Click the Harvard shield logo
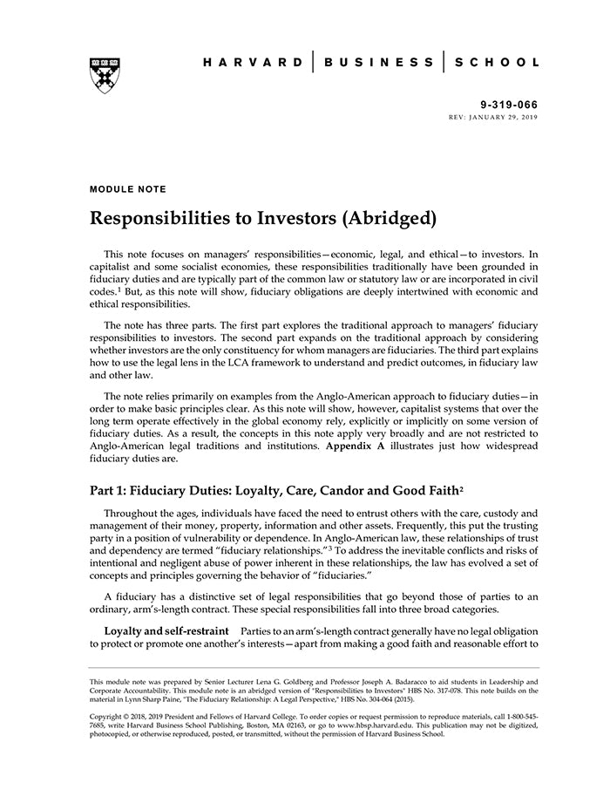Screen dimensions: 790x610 coord(104,75)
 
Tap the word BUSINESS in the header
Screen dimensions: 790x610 coord(378,63)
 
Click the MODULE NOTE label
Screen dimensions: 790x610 coord(127,188)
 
